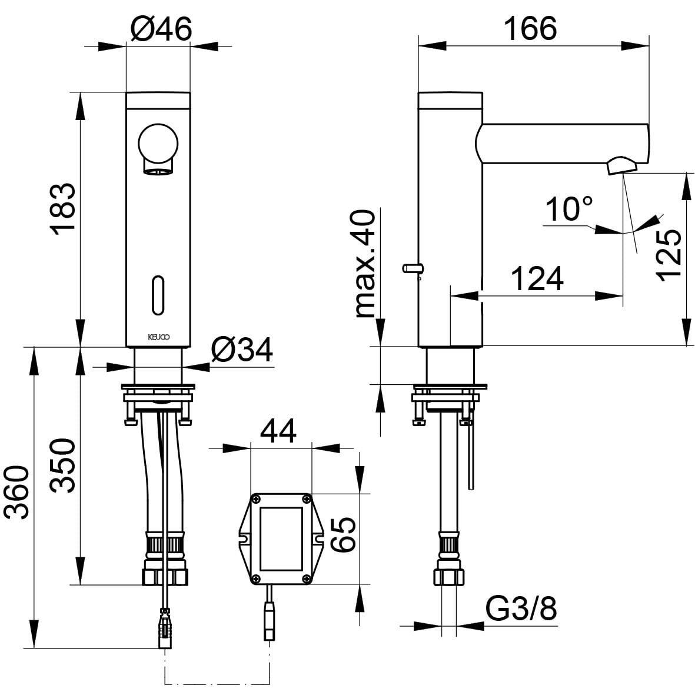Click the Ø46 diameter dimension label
tap(161, 29)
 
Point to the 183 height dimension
tap(62, 208)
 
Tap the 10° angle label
tap(569, 209)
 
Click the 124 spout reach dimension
tap(537, 278)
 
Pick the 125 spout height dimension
tap(669, 255)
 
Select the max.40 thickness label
tap(365, 263)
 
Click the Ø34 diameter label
tap(242, 350)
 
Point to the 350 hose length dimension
tap(62, 465)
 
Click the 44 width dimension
tap(278, 430)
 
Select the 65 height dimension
tap(344, 534)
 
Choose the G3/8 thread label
tap(521, 609)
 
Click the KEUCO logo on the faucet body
tap(158, 337)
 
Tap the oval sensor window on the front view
tap(158, 295)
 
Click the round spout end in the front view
tap(158, 144)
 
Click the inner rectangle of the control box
tap(281, 539)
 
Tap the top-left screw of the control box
tap(256, 500)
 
